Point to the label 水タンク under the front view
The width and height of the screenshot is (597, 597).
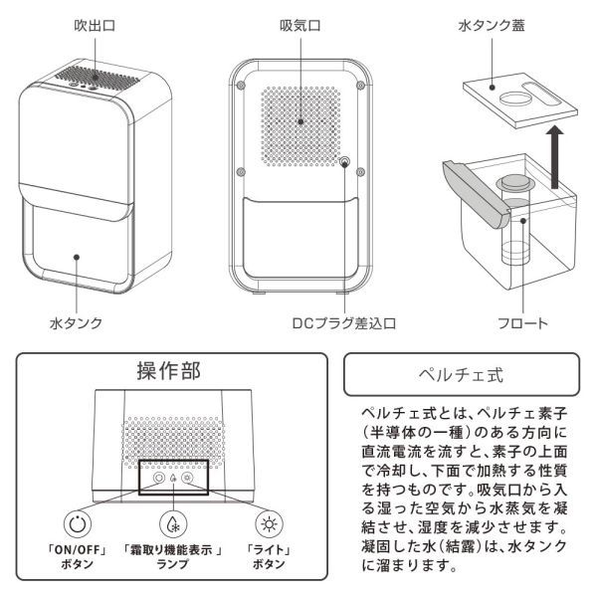[77, 323]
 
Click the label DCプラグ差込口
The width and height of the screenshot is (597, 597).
[344, 323]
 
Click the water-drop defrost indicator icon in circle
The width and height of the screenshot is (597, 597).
[173, 524]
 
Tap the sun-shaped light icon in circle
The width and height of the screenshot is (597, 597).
[268, 524]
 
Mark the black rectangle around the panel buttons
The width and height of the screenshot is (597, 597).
[175, 475]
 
